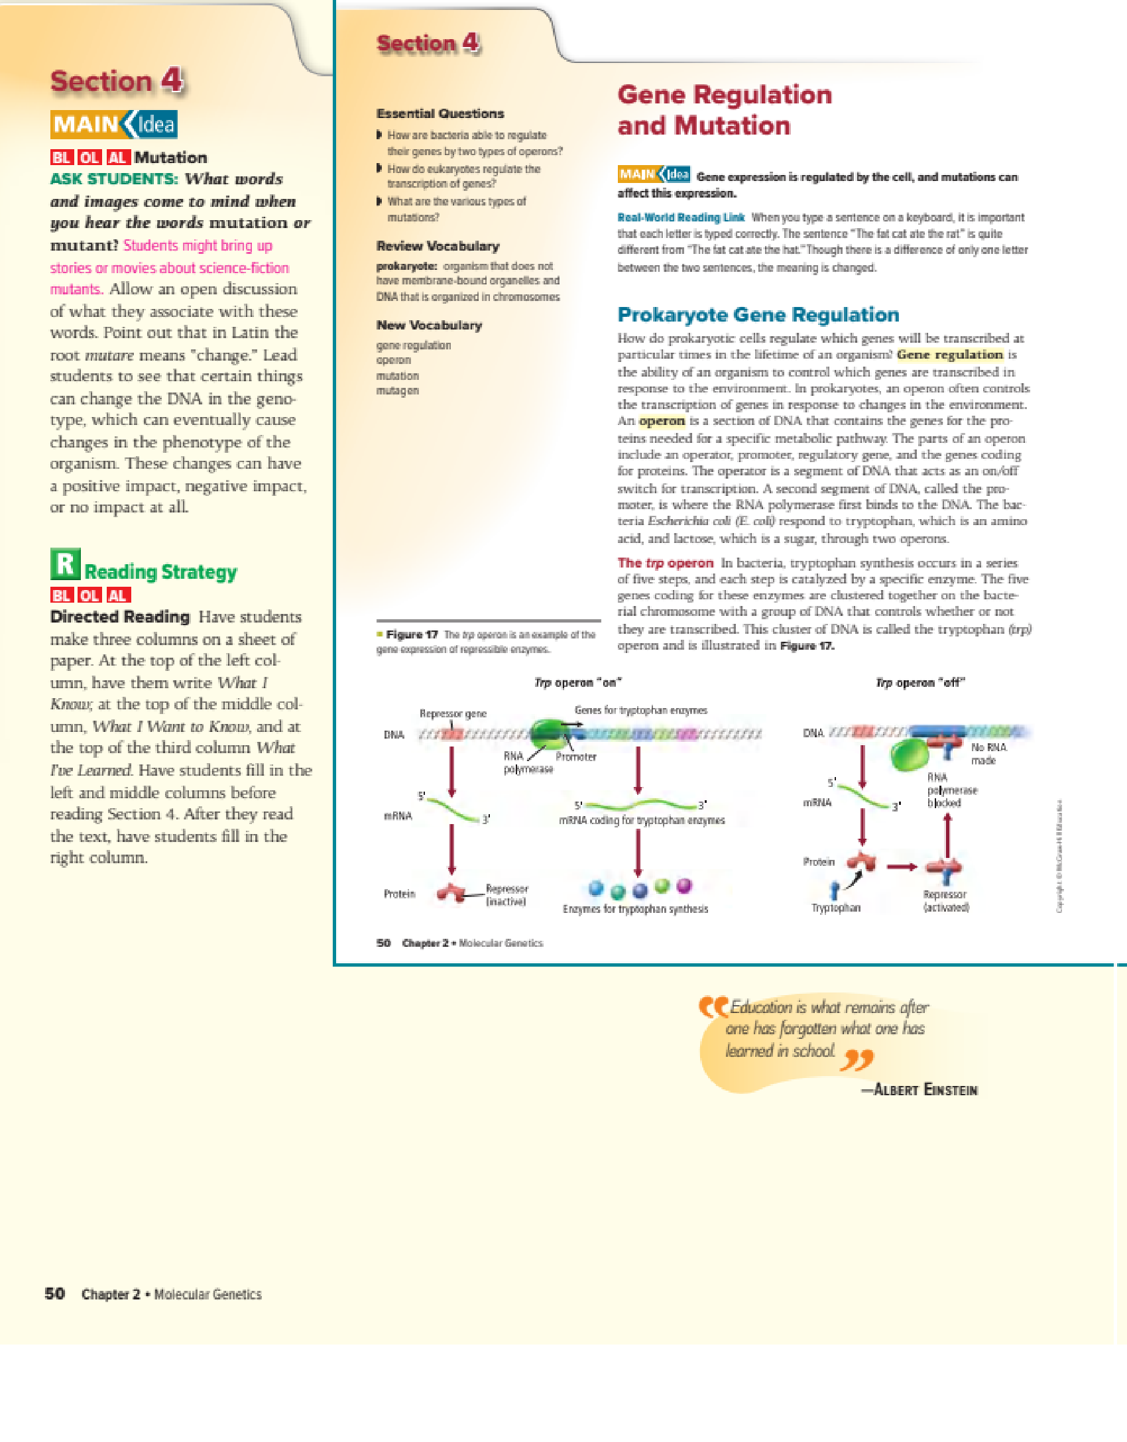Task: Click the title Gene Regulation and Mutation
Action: [724, 110]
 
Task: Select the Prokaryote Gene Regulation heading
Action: [758, 314]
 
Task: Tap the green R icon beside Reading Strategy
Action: [65, 564]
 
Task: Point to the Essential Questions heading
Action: [440, 113]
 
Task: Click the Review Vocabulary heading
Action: [438, 246]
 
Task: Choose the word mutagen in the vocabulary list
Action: [397, 391]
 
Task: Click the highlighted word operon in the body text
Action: [662, 421]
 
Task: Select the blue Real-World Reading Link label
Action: [681, 217]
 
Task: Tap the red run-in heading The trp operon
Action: [665, 563]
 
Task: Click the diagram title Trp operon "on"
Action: [577, 682]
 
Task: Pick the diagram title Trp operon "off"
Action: [920, 682]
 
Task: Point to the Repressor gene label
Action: [453, 713]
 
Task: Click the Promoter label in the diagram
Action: [575, 756]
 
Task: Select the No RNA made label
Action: [988, 753]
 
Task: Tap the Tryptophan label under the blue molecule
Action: [835, 908]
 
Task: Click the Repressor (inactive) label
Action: [506, 894]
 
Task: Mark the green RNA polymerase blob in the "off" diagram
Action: [909, 754]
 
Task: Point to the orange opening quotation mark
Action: [713, 1008]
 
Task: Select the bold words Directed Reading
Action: [120, 617]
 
